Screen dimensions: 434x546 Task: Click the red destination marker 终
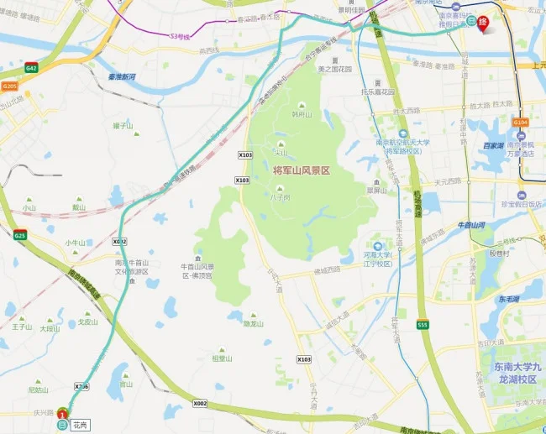483,24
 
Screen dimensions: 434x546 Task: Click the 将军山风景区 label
302,170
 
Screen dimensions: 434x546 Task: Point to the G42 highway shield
32,67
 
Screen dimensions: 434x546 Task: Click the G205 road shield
9,86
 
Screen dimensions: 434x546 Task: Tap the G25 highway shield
21,236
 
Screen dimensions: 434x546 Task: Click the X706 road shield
81,386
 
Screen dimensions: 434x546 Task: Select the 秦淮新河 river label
117,76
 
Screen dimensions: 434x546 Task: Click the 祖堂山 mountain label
222,358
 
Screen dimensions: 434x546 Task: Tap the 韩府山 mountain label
301,114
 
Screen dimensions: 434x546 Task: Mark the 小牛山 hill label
76,243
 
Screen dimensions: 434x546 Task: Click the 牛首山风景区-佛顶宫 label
198,270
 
